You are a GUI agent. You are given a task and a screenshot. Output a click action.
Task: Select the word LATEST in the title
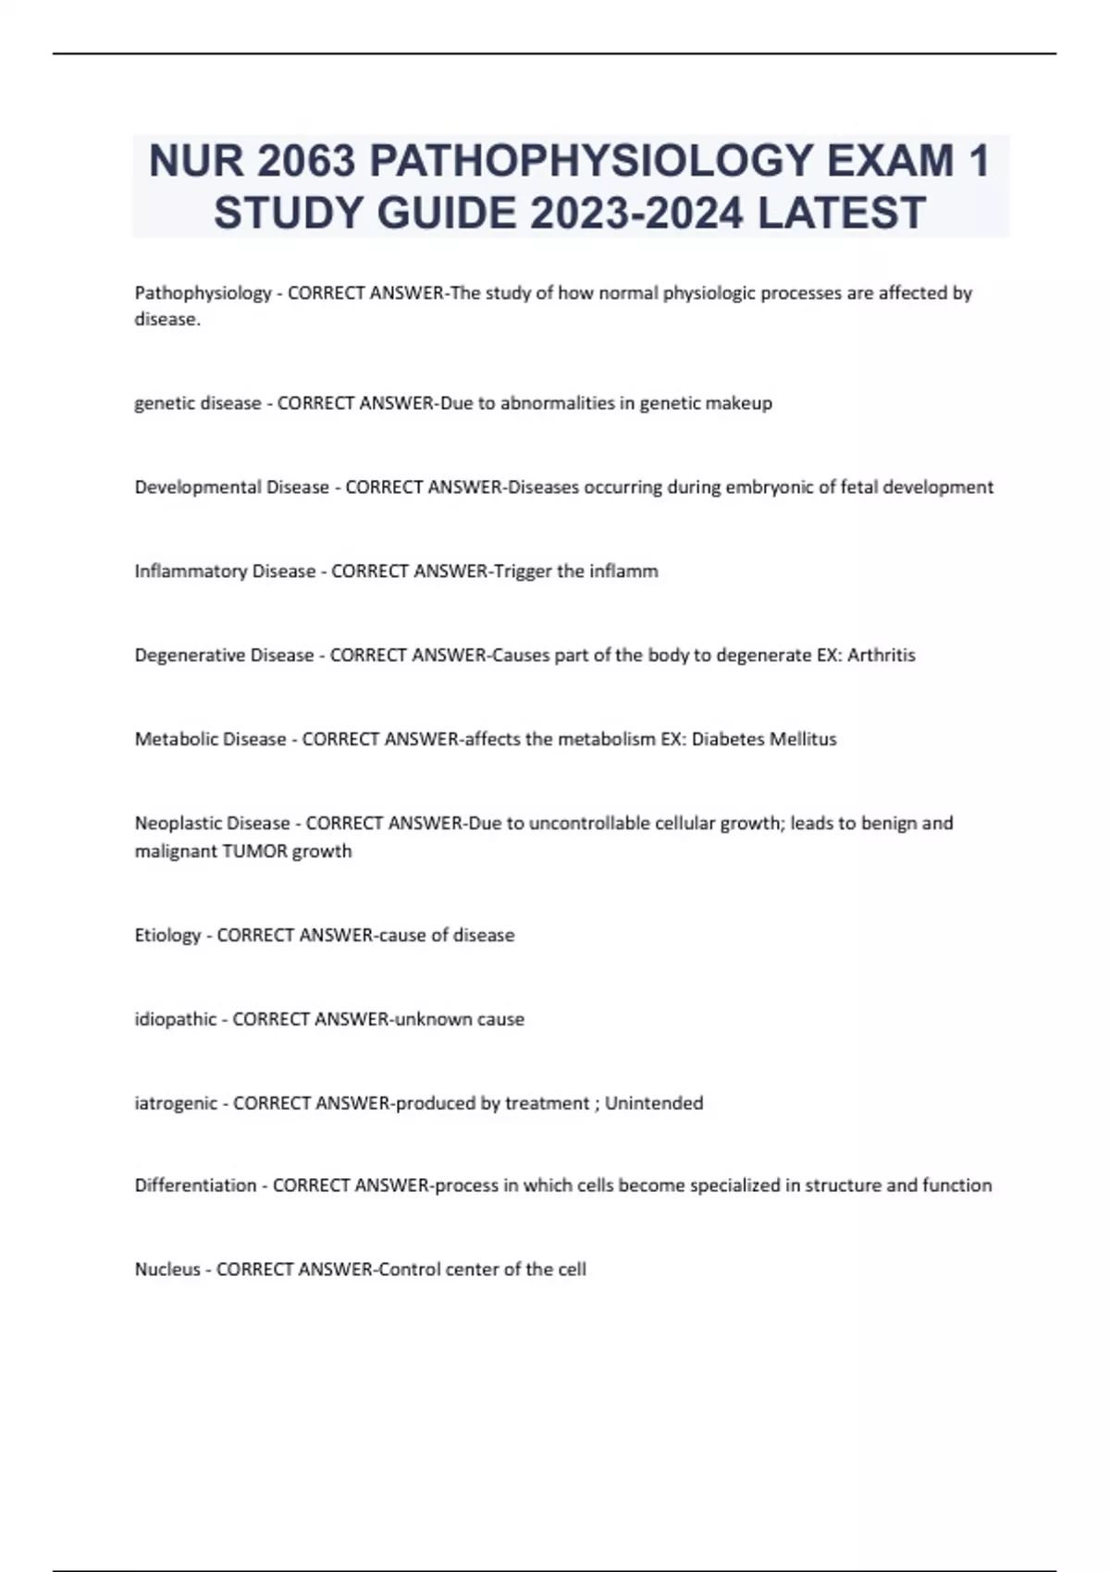pyautogui.click(x=841, y=213)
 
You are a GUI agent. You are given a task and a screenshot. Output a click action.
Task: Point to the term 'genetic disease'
pyautogui.click(x=198, y=403)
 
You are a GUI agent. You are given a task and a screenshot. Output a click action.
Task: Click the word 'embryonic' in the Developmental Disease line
pyautogui.click(x=771, y=487)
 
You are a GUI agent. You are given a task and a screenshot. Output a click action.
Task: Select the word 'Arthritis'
pyautogui.click(x=881, y=656)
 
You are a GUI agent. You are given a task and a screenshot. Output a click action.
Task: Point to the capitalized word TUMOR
pyautogui.click(x=256, y=852)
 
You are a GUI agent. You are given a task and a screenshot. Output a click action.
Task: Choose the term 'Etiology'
pyautogui.click(x=167, y=936)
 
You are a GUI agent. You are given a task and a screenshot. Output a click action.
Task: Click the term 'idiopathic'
pyautogui.click(x=175, y=1020)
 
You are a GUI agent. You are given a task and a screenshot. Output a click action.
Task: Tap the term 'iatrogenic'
pyautogui.click(x=176, y=1104)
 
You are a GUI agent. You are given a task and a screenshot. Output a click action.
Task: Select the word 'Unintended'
pyautogui.click(x=654, y=1104)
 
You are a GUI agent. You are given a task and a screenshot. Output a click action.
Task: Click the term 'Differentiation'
pyautogui.click(x=195, y=1186)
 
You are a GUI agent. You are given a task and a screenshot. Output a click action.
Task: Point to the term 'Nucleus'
pyautogui.click(x=167, y=1271)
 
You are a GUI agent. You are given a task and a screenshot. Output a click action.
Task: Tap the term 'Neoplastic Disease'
pyautogui.click(x=212, y=824)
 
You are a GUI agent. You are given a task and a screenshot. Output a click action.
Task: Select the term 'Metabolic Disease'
pyautogui.click(x=210, y=740)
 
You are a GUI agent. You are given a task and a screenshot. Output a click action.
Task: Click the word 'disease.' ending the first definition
pyautogui.click(x=167, y=320)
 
